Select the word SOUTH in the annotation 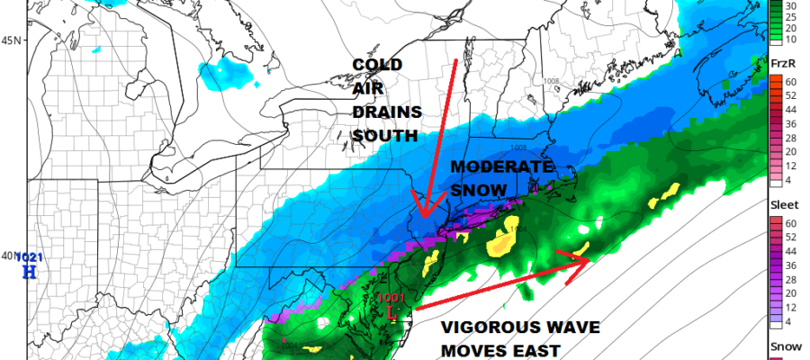pos(385,136)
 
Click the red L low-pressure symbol pos(390,312)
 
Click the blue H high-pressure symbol pos(30,273)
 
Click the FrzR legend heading pos(782,63)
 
